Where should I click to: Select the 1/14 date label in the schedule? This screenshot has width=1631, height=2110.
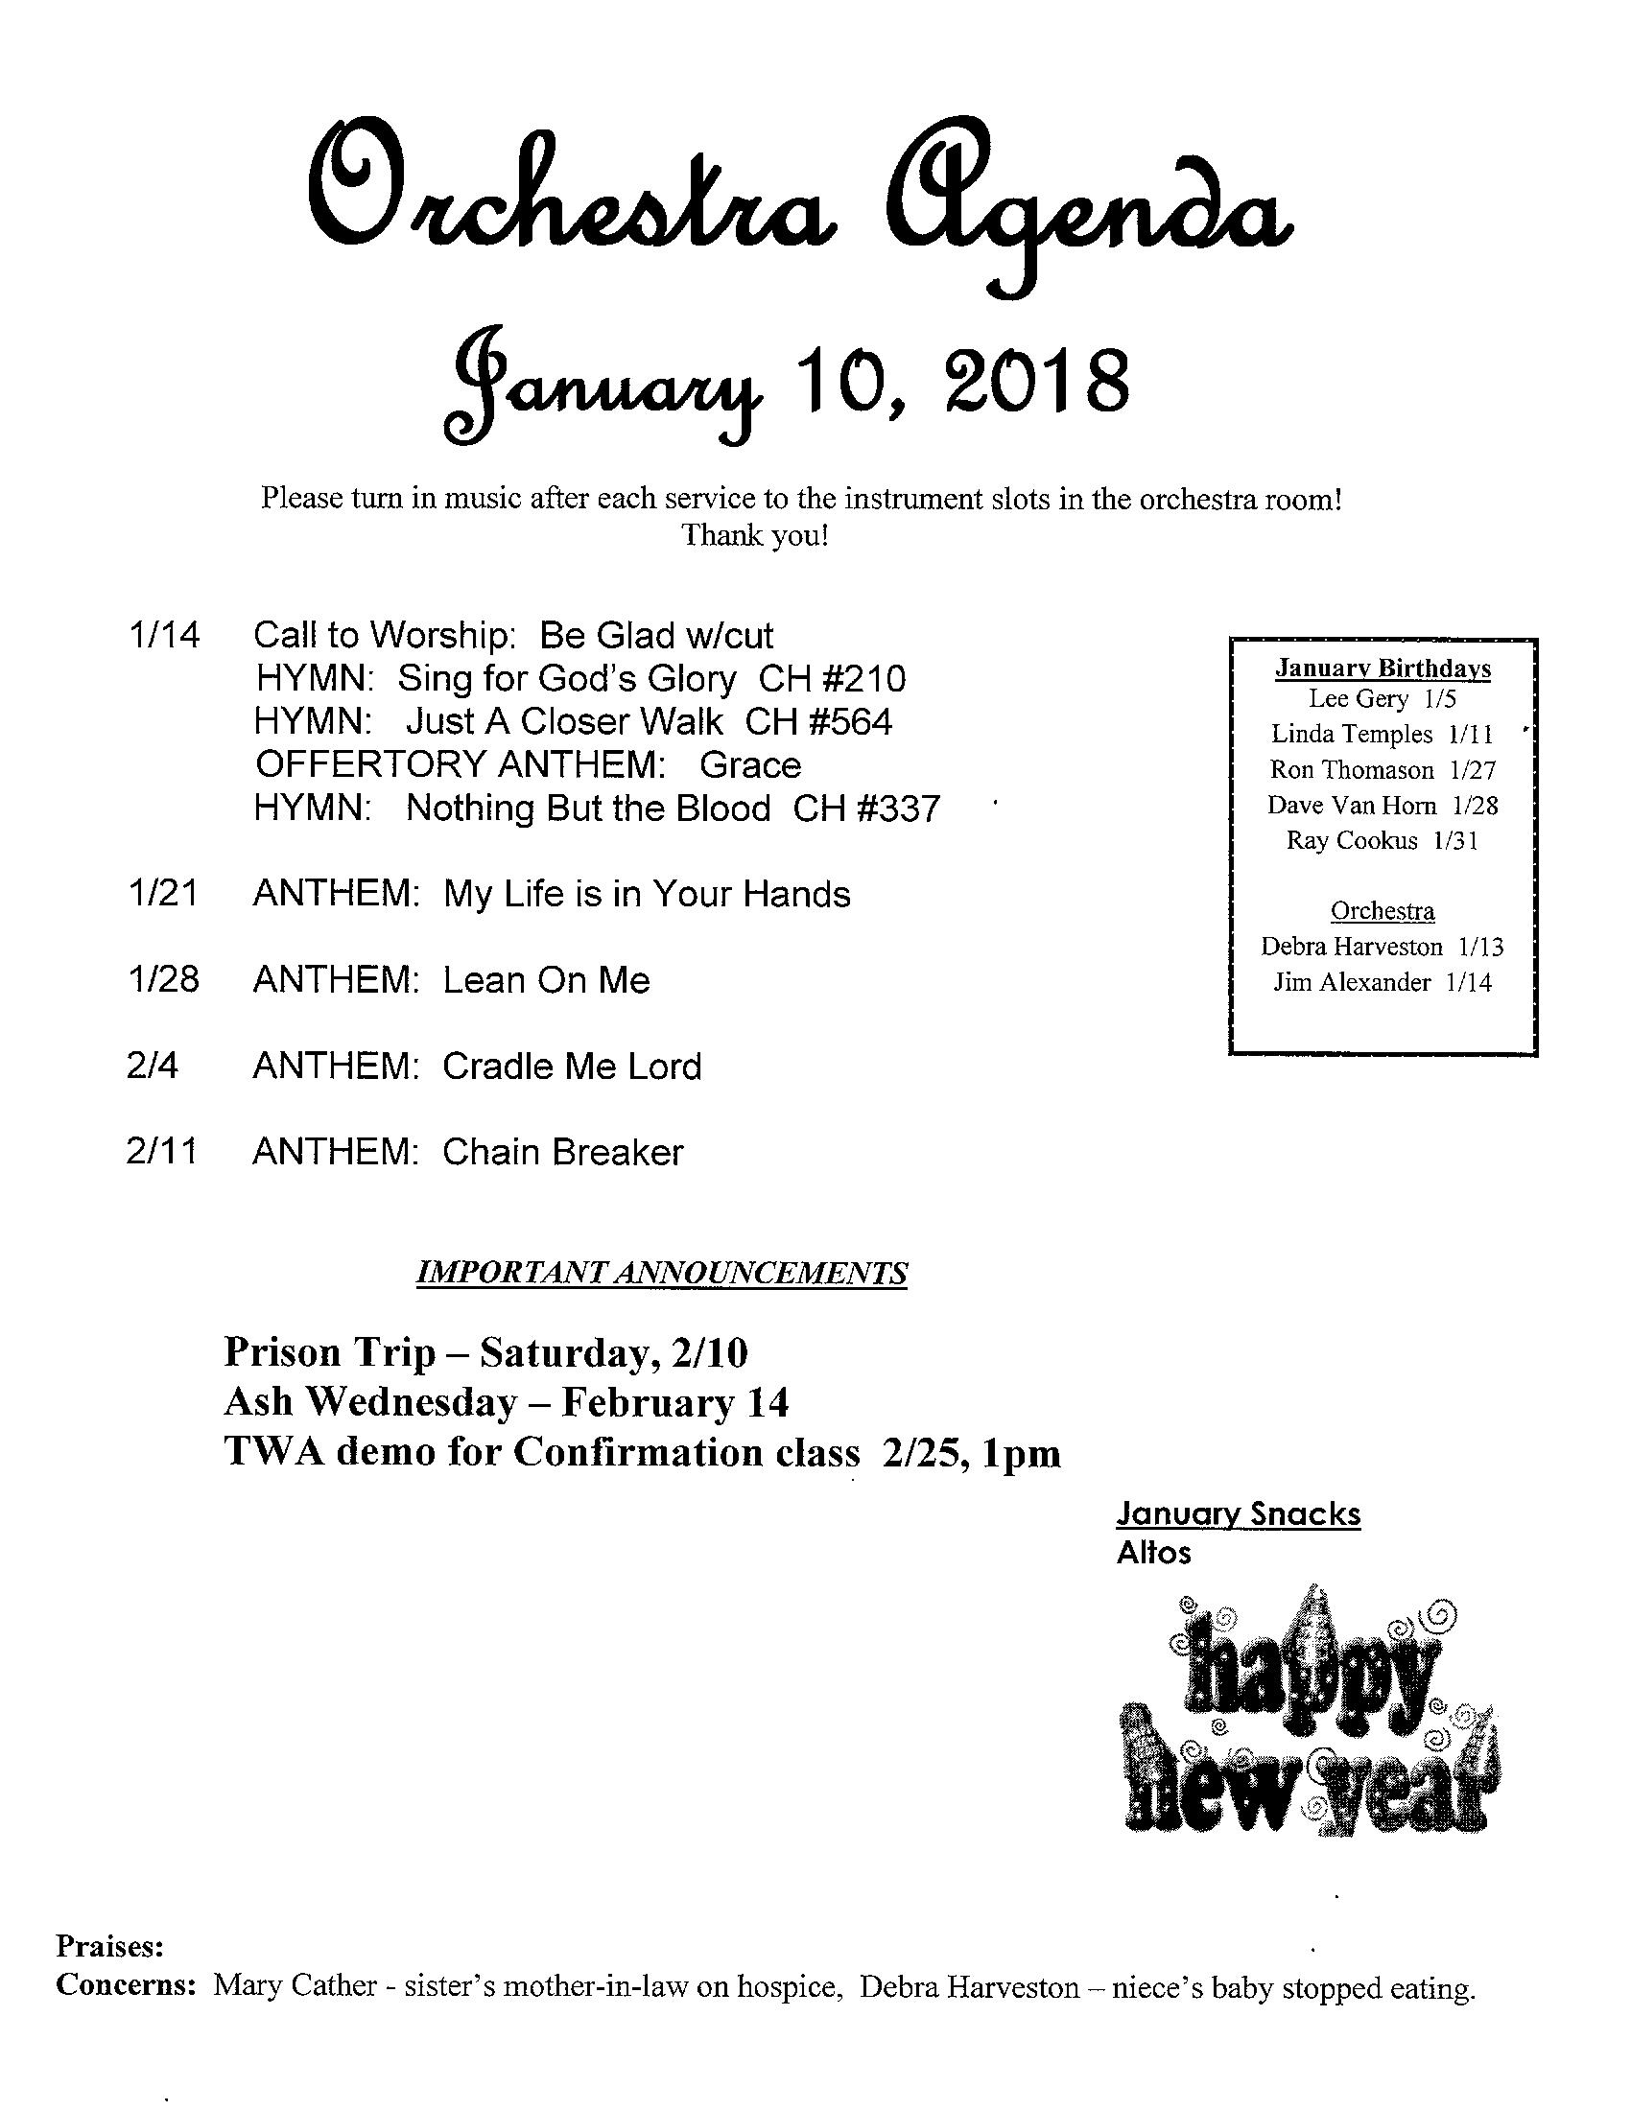click(163, 636)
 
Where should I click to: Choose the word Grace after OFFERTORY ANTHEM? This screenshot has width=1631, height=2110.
click(750, 765)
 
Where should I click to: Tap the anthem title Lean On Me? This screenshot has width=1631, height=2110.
click(546, 980)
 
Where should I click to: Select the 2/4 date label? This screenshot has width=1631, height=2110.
click(153, 1067)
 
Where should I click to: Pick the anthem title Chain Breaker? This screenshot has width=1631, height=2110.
click(562, 1153)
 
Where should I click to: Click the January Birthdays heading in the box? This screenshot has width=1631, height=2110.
click(1383, 668)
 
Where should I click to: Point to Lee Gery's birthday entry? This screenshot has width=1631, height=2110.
click(1382, 698)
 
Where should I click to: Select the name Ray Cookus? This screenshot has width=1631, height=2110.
click(1351, 840)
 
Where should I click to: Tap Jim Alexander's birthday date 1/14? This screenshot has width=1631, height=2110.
click(1469, 982)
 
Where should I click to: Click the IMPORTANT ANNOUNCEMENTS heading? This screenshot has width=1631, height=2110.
click(661, 1274)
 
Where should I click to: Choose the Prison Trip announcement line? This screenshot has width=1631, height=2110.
click(486, 1352)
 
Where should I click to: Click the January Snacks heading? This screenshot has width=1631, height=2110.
click(1238, 1513)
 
